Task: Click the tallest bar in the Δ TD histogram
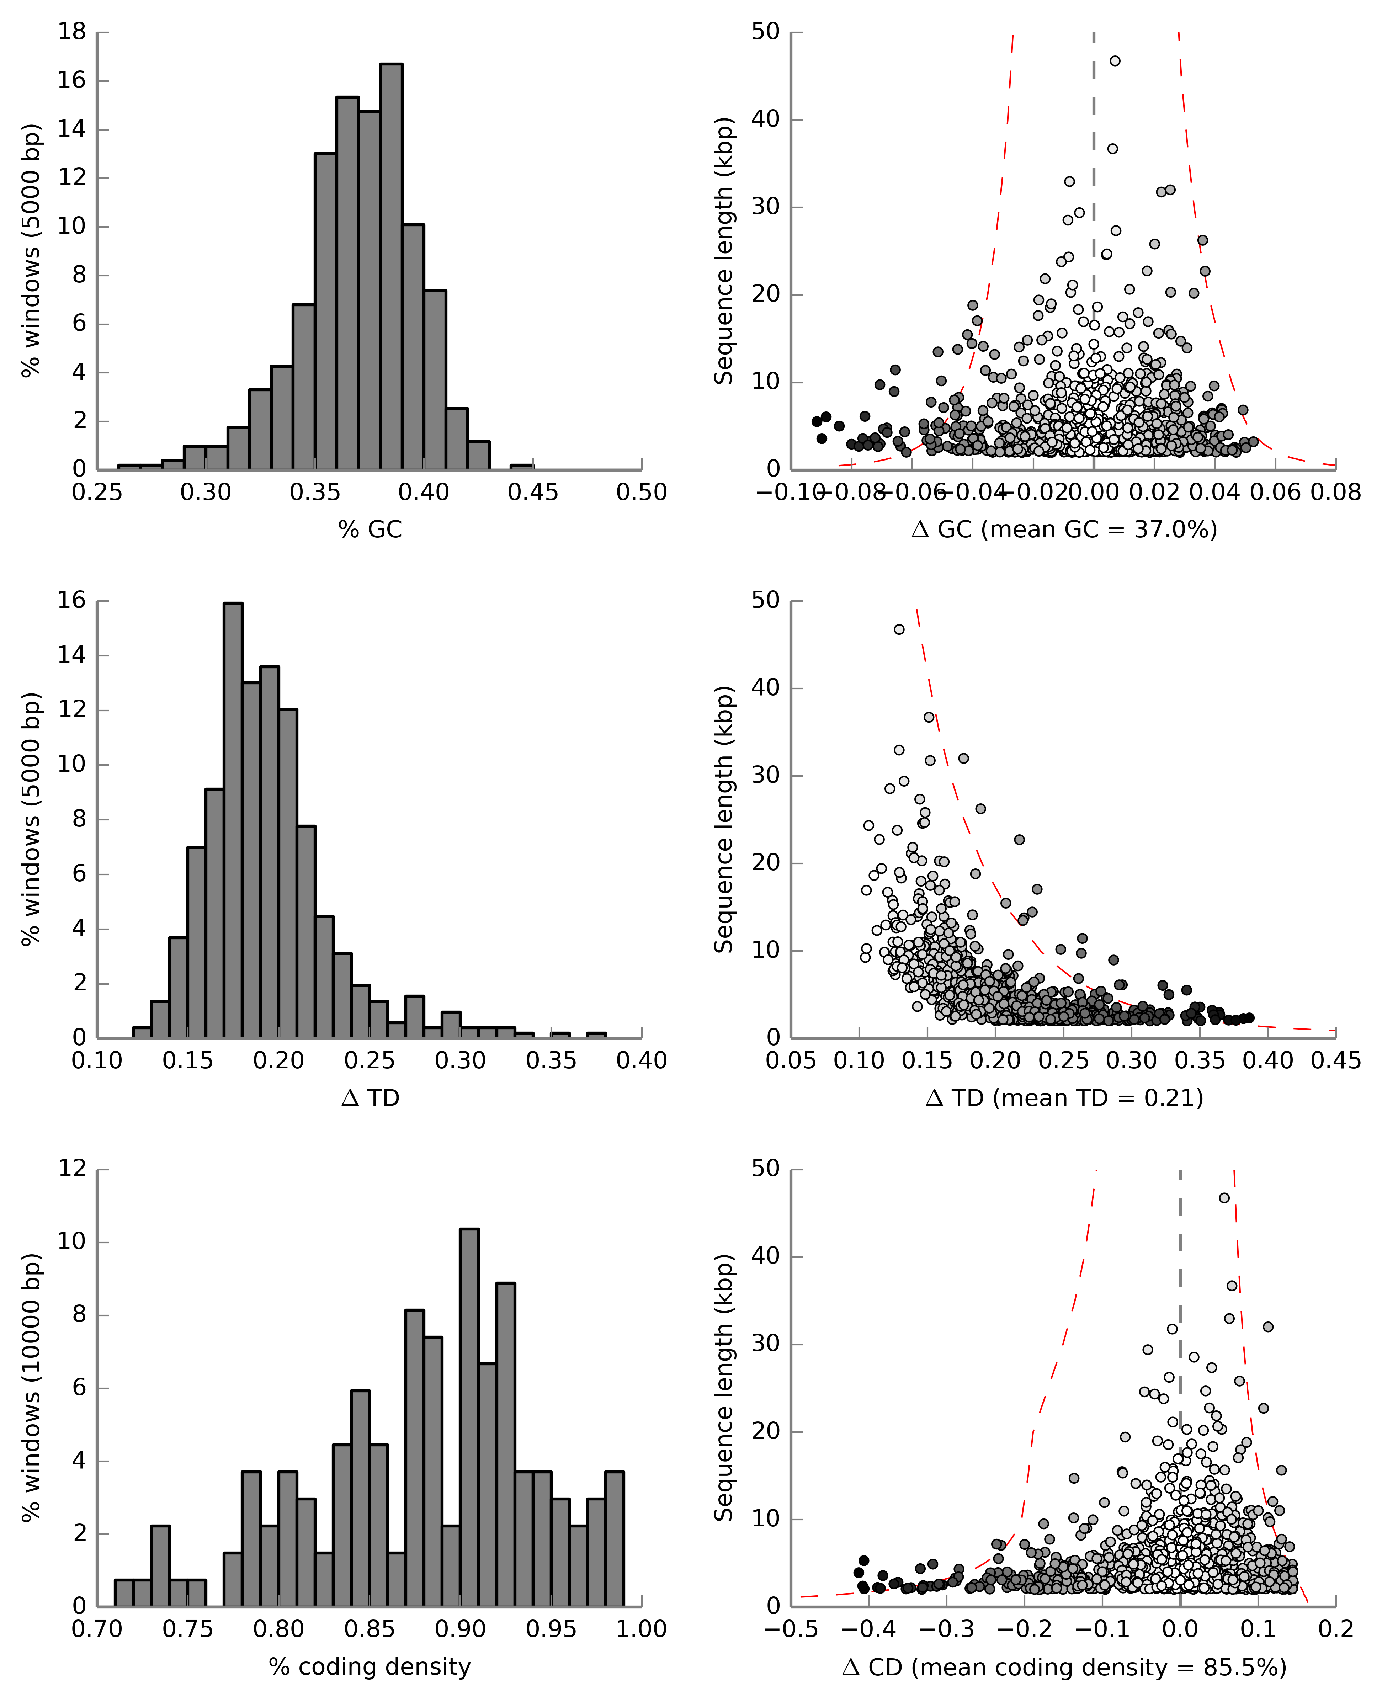tap(233, 820)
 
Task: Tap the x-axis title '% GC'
tap(370, 530)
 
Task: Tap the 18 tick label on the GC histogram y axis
tap(71, 32)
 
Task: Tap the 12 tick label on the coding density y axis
tap(71, 1169)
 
